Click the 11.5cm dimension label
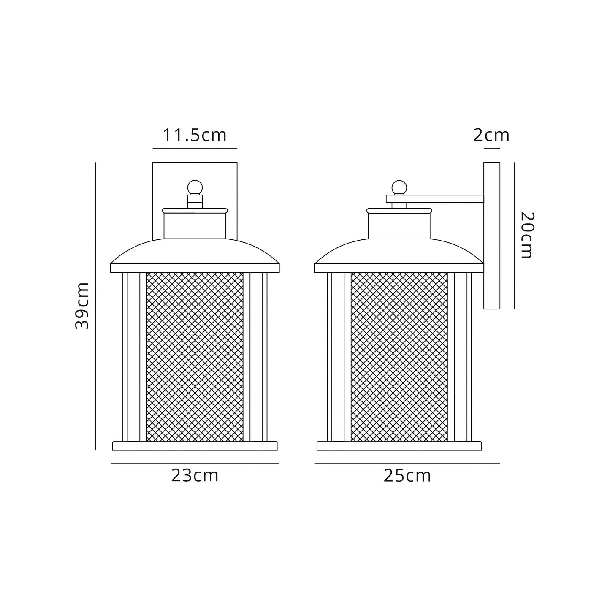click(x=195, y=135)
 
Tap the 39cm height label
click(x=82, y=306)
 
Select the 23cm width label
click(x=195, y=476)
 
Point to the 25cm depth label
click(x=407, y=476)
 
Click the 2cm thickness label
click(x=491, y=135)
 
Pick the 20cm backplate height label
click(x=527, y=235)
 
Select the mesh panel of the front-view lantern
click(x=195, y=357)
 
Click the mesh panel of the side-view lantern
click(x=399, y=357)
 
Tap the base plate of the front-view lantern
click(x=195, y=446)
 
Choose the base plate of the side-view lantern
click(x=399, y=446)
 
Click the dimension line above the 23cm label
click(x=195, y=464)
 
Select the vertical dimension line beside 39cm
click(x=96, y=306)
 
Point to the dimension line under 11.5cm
click(x=195, y=149)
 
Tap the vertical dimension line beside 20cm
click(x=514, y=235)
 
